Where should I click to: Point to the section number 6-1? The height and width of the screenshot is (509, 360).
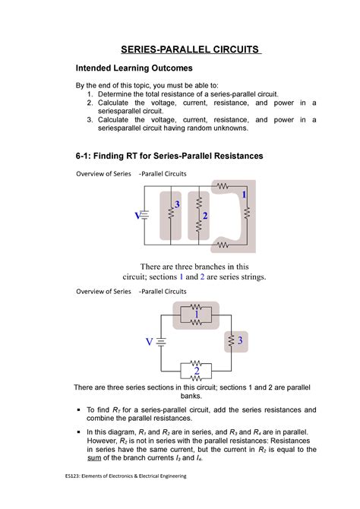(86, 155)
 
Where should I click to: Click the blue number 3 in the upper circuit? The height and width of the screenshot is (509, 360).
(177, 206)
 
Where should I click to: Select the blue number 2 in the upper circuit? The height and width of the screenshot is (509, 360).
(205, 217)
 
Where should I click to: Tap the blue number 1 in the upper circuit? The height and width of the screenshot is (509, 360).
(245, 196)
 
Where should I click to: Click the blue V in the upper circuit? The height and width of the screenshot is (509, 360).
(138, 216)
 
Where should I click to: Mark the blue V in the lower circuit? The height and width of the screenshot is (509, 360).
(149, 341)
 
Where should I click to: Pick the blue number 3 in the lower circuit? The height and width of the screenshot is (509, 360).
(239, 342)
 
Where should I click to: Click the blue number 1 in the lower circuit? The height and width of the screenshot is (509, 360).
(196, 313)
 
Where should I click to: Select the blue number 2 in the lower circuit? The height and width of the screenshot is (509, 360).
(196, 370)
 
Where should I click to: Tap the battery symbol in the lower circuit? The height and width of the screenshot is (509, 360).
(161, 342)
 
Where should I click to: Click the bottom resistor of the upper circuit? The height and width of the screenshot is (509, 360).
(223, 245)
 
